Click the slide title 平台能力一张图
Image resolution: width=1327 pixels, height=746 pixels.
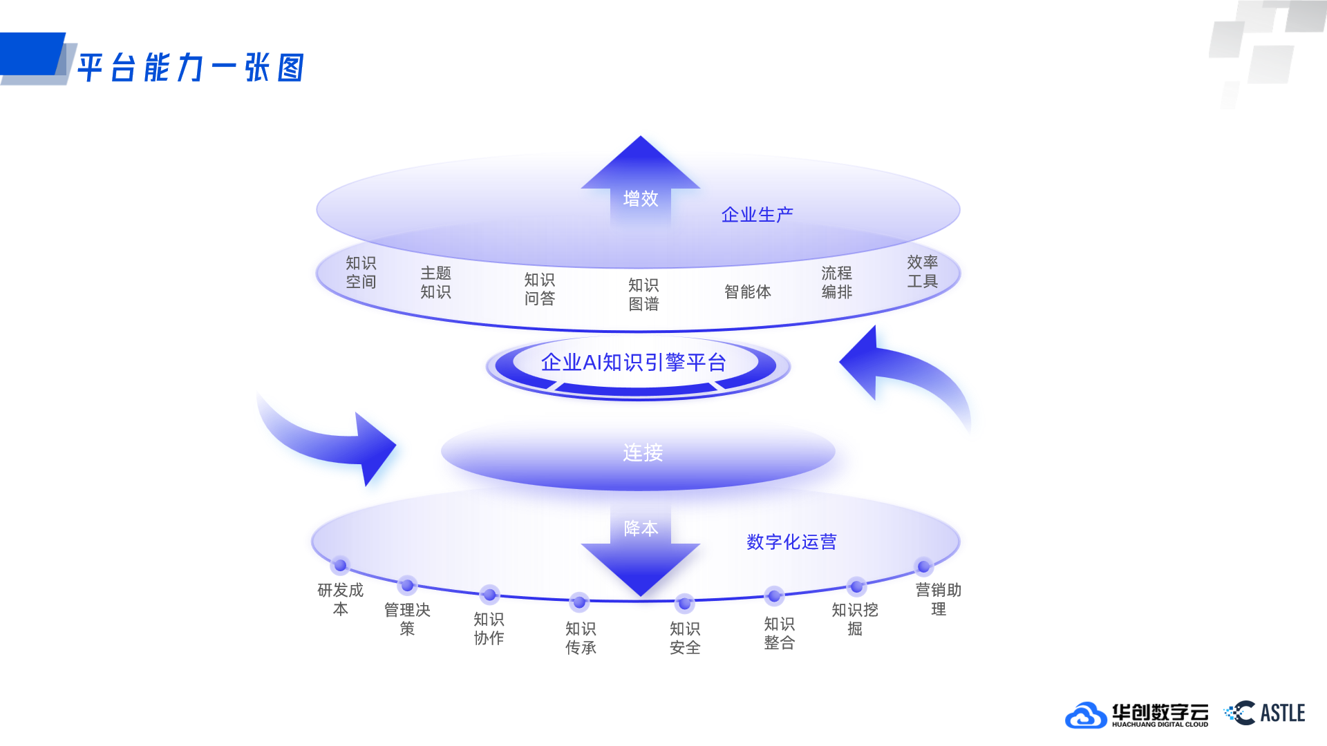point(191,68)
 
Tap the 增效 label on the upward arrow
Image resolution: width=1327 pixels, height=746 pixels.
point(641,199)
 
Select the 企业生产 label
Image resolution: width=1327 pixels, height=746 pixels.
point(757,215)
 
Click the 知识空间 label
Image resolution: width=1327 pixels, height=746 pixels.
point(361,272)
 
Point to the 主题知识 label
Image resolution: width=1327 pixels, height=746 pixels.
point(435,283)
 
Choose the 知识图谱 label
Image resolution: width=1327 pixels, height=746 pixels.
point(643,294)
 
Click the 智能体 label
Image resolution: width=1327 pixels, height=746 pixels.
point(747,291)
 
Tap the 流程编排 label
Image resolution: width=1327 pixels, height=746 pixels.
point(836,283)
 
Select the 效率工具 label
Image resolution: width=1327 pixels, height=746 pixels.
point(922,271)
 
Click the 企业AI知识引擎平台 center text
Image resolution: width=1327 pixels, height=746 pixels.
point(633,363)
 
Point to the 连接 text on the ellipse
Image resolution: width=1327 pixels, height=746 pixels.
point(643,452)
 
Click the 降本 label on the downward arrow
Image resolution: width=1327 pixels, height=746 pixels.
point(641,528)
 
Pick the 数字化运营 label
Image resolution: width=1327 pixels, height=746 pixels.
point(791,542)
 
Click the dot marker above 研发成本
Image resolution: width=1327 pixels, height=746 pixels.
point(340,566)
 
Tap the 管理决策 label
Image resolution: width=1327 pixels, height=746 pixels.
point(407,619)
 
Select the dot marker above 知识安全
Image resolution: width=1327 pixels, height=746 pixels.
point(684,603)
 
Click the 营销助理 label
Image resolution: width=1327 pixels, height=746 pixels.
point(938,599)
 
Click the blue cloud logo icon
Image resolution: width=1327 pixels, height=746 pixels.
point(1085,715)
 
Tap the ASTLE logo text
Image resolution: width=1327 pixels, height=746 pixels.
point(1282,713)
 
